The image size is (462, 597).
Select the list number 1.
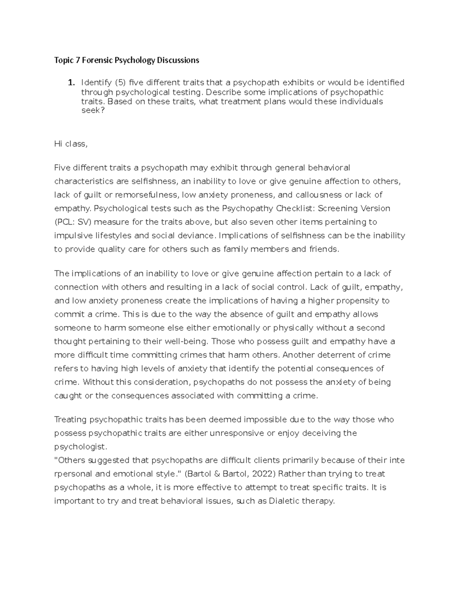click(70, 83)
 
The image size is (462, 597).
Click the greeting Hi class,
click(71, 144)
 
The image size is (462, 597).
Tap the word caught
click(68, 396)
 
